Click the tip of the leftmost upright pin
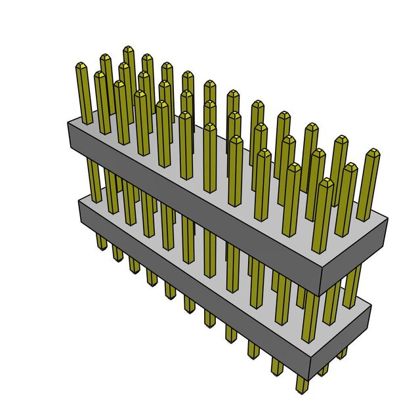81,66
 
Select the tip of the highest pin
128,50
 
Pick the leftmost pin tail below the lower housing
101,243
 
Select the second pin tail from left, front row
118,253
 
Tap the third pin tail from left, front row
135,264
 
